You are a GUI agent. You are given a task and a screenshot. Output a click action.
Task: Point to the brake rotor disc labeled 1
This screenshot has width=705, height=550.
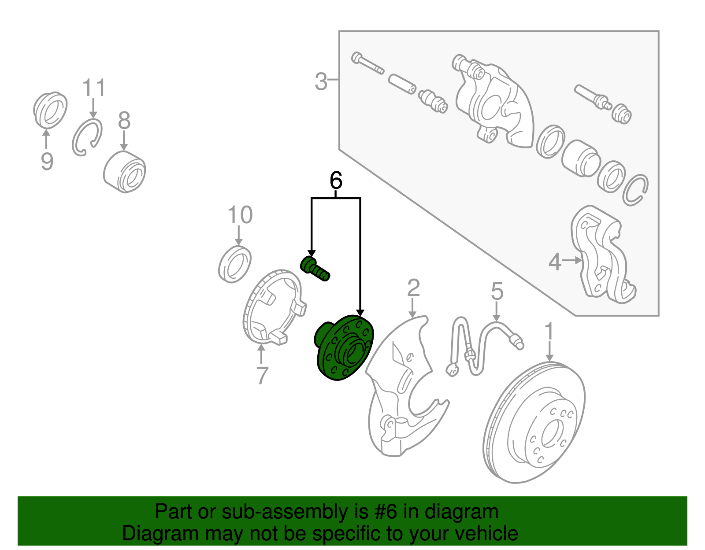(x=534, y=422)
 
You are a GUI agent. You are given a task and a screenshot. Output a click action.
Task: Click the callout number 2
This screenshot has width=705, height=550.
(x=413, y=288)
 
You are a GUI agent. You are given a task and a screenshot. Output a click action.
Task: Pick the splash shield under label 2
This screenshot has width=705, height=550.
(x=407, y=386)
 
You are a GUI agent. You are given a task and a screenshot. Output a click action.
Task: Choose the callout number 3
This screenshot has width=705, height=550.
(x=321, y=81)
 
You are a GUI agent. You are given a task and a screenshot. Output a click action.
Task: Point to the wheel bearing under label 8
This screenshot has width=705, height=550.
(x=125, y=172)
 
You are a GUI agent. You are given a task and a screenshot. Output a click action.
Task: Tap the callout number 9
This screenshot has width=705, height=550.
(x=47, y=162)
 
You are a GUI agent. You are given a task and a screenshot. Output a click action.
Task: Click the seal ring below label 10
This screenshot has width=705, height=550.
(x=234, y=265)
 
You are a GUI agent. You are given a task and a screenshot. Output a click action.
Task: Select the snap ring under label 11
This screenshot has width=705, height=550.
(x=87, y=137)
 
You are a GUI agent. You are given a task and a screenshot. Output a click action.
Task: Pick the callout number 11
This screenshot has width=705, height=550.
(x=94, y=88)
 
